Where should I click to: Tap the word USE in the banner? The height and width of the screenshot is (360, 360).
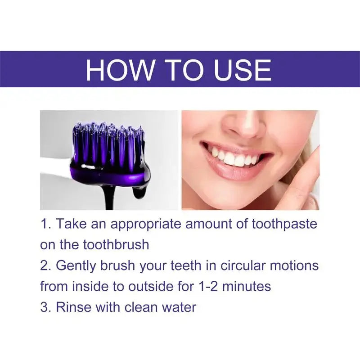[x=240, y=70]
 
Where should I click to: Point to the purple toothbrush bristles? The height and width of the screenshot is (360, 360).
[x=108, y=144]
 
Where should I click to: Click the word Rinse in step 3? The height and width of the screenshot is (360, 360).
[x=72, y=307]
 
